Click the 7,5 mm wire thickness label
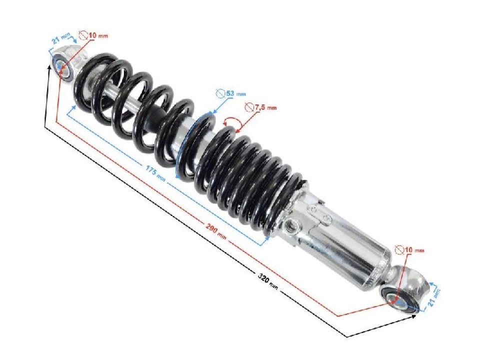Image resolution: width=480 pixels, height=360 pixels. pyautogui.click(x=264, y=107)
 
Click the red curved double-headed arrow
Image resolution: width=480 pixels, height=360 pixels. pyautogui.click(x=231, y=121)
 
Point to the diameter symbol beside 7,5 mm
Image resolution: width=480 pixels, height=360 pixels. pyautogui.click(x=248, y=107)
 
